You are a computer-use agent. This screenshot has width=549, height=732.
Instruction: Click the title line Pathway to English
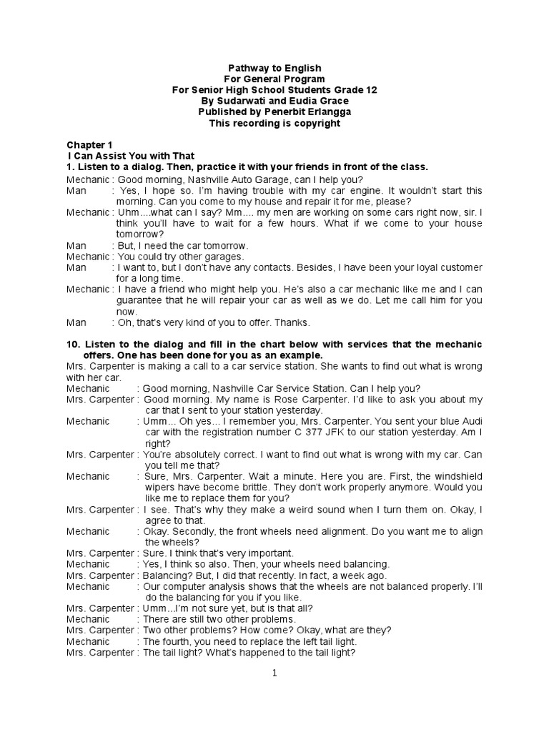274,68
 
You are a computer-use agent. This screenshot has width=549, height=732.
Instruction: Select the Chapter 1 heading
89,144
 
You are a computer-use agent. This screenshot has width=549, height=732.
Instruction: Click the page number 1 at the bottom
274,673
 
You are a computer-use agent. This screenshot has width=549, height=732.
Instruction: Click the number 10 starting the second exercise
73,345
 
